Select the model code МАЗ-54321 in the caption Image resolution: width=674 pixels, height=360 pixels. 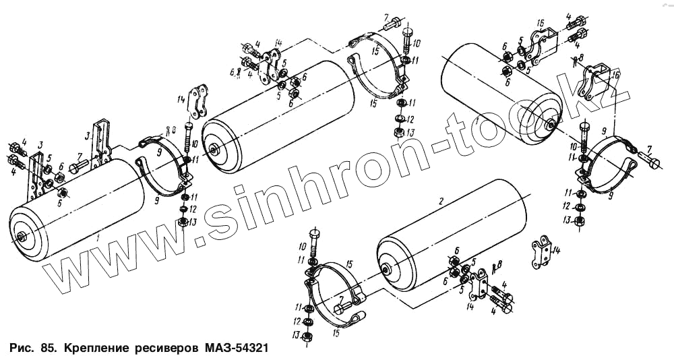pyautogui.click(x=237, y=350)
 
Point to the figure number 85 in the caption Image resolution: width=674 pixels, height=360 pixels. pyautogui.click(x=47, y=350)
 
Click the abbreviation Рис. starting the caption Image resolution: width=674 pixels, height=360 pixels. pyautogui.click(x=22, y=350)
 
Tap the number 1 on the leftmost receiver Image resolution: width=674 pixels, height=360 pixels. pyautogui.click(x=98, y=238)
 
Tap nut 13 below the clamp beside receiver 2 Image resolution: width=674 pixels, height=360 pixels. pyautogui.click(x=307, y=336)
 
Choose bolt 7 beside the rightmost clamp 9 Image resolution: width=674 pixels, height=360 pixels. pyautogui.click(x=653, y=160)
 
